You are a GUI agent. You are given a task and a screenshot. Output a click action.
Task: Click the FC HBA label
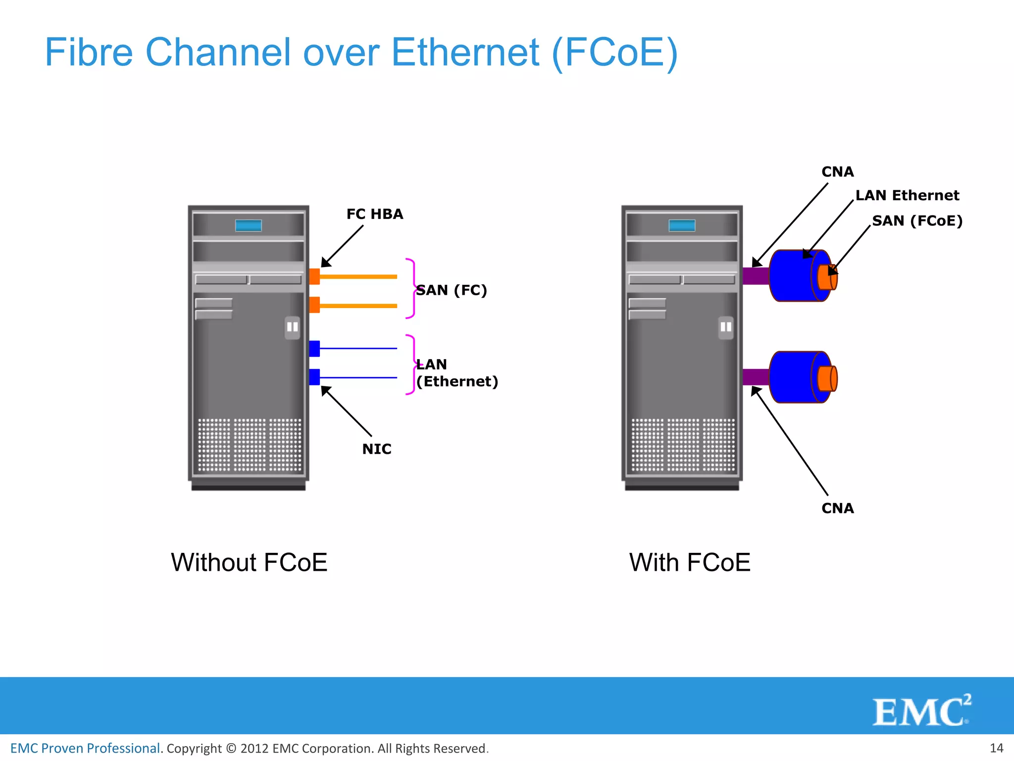tap(374, 214)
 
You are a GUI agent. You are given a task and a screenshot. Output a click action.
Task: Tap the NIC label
tap(376, 449)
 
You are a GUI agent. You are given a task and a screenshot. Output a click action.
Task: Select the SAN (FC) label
tap(451, 290)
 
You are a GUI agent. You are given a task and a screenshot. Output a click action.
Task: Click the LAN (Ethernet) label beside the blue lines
tap(456, 373)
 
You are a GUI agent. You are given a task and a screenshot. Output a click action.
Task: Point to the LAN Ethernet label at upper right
tap(907, 195)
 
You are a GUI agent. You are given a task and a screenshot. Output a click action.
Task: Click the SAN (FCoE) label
tap(917, 220)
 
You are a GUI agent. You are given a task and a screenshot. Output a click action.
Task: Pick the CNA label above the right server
tap(837, 172)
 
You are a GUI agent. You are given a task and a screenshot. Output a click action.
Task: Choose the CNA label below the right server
tap(837, 508)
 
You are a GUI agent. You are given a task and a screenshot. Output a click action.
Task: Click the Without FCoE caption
tap(249, 562)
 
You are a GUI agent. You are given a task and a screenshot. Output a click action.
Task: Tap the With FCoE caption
tap(690, 562)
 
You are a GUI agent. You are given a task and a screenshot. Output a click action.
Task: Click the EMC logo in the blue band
tap(921, 711)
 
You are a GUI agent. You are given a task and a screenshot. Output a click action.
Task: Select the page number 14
tap(996, 748)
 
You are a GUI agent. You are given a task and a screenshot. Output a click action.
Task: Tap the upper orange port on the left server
tap(314, 276)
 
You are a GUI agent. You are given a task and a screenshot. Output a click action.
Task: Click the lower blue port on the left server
tap(314, 377)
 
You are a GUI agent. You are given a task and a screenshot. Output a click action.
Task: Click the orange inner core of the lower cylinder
tap(826, 379)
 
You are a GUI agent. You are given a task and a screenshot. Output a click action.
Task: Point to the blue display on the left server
tap(249, 225)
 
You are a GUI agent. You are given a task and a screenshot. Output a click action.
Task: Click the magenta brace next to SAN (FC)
tap(411, 288)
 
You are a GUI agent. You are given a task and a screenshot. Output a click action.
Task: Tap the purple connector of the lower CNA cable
tap(756, 377)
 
